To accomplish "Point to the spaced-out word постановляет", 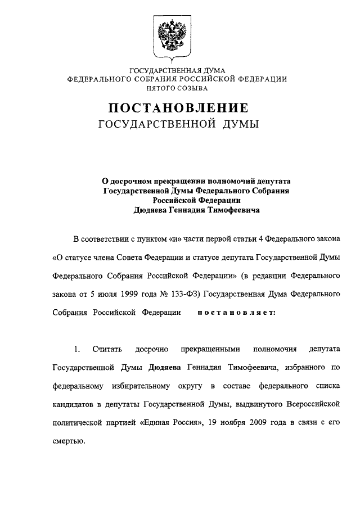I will (x=236, y=313).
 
